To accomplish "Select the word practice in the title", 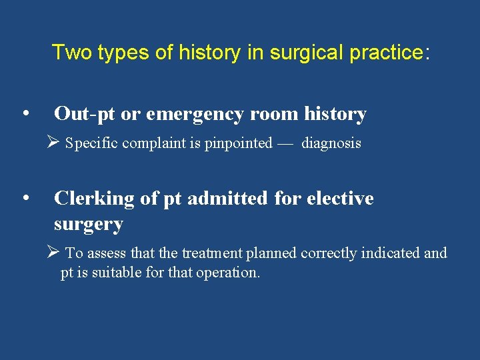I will (x=387, y=52).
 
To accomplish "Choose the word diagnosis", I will (x=331, y=143).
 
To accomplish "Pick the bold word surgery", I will (x=88, y=224).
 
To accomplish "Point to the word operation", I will (x=225, y=273).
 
